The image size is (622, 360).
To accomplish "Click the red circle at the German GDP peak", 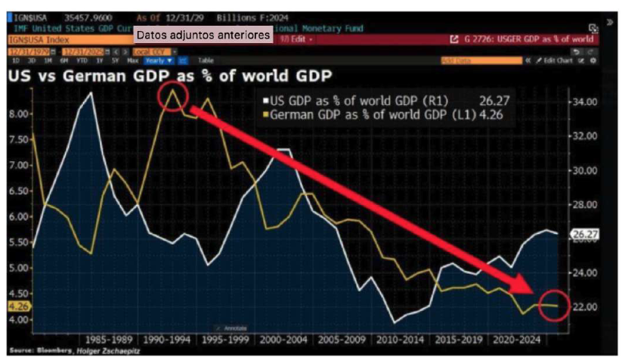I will point(173,97).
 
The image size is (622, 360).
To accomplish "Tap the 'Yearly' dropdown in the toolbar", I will point(159,60).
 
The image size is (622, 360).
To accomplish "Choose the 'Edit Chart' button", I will point(559,60).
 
